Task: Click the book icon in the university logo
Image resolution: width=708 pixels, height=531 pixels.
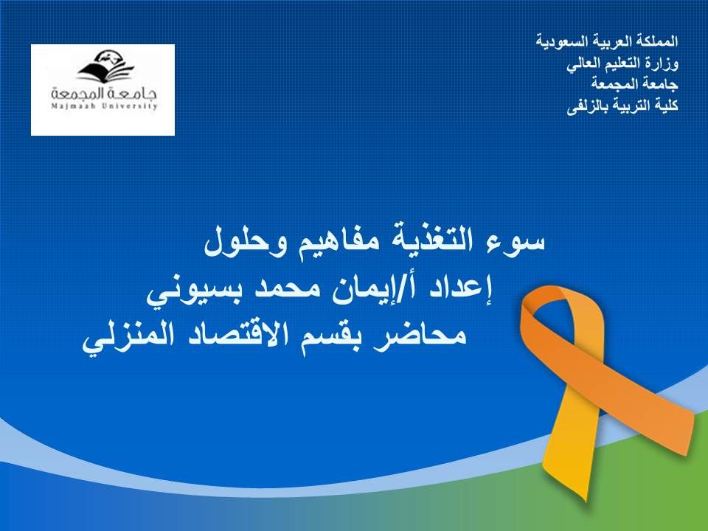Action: (x=105, y=67)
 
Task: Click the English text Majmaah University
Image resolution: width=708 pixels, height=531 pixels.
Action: (x=104, y=106)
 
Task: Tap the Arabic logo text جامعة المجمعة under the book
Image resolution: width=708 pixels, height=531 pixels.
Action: (x=104, y=93)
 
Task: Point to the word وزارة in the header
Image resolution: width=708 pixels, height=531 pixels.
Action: (x=661, y=63)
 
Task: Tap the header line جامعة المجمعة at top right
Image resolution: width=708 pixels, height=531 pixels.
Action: (x=634, y=84)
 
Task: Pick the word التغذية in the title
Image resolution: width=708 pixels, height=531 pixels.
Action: (x=433, y=240)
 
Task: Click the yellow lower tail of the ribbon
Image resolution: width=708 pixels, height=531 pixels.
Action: (x=571, y=447)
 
